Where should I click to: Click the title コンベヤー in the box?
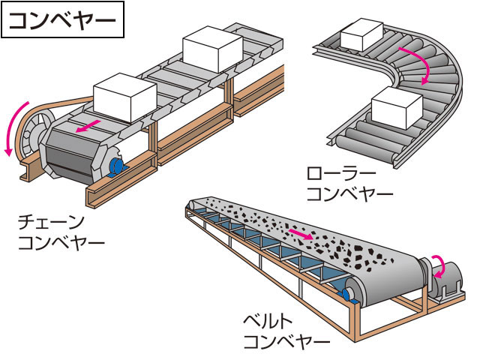[63, 20]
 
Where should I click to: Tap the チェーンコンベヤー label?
[61, 233]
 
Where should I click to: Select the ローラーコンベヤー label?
[349, 183]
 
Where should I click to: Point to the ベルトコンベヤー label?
[286, 331]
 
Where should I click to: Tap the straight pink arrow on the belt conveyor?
[301, 234]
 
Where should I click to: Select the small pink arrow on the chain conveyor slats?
[88, 126]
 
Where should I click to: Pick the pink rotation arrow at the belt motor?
[440, 267]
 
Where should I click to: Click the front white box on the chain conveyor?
[125, 97]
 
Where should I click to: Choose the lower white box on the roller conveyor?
[397, 107]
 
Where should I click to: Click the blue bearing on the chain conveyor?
[116, 167]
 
